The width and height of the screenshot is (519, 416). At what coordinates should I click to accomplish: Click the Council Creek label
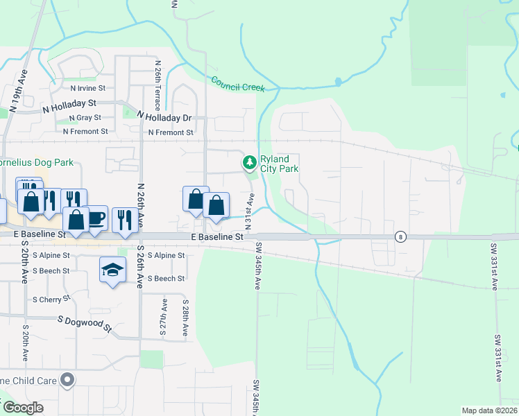238,83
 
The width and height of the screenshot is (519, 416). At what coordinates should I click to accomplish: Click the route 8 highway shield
400,236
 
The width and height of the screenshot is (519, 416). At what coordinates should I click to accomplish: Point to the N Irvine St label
87,88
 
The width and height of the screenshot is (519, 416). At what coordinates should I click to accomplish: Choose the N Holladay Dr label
164,117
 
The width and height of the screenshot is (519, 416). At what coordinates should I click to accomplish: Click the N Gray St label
85,118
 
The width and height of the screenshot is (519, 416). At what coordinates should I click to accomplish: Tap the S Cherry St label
52,299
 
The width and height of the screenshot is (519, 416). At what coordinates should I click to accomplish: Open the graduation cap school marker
112,269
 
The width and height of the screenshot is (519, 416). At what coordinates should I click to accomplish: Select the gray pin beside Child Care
67,379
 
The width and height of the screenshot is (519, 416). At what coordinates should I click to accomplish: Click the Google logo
23,408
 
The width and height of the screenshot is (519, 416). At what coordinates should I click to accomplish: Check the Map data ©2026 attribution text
488,410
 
